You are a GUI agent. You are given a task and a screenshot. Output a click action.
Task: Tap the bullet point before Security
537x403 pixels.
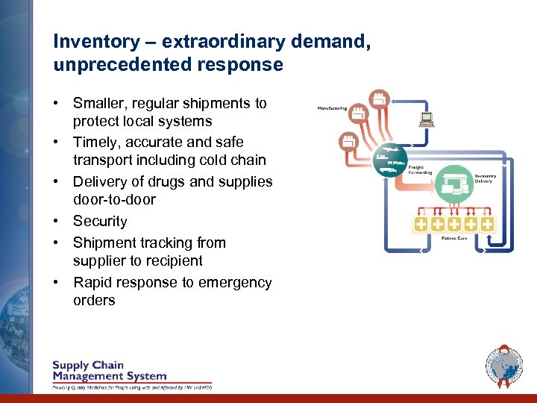[x=57, y=222]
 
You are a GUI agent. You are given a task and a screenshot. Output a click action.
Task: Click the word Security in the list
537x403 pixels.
[x=100, y=222]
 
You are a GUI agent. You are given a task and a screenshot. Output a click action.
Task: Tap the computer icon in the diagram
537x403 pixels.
[x=427, y=119]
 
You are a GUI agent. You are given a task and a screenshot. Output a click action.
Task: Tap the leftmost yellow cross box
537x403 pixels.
[x=421, y=223]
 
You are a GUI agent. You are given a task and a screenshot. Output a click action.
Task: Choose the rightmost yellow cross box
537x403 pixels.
[x=486, y=223]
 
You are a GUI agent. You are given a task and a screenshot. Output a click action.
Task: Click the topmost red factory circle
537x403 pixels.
[x=380, y=98]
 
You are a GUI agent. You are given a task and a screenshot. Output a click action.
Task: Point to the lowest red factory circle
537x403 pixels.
[x=348, y=140]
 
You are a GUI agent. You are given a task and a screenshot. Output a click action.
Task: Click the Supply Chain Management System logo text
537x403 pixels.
[x=109, y=371]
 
